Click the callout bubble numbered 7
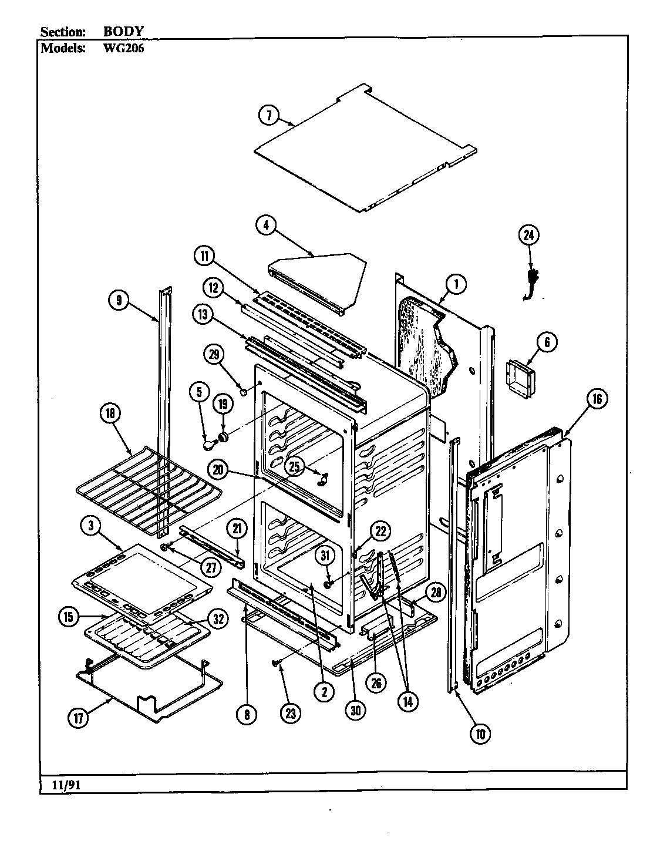point(269,116)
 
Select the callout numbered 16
point(596,399)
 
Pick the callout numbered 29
point(214,354)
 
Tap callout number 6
point(546,343)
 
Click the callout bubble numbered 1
point(455,285)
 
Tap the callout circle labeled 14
point(407,701)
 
